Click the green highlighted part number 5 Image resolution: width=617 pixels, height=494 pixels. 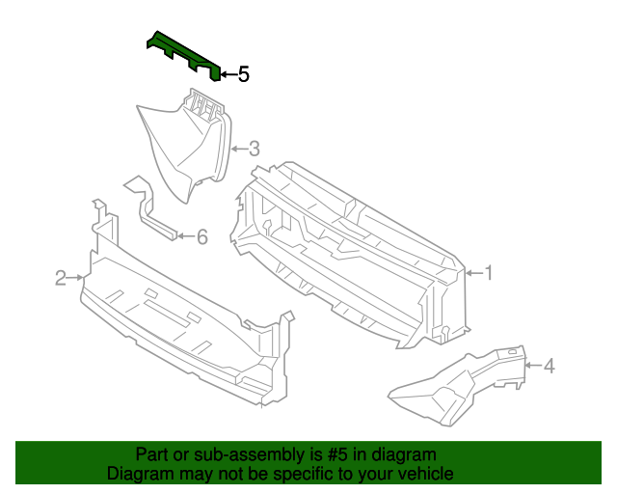183,54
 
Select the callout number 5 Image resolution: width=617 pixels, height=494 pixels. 244,74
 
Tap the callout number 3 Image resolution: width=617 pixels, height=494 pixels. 255,149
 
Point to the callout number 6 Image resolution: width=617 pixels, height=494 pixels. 201,236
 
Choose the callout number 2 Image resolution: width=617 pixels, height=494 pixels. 61,278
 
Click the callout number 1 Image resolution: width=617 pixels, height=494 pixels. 488,273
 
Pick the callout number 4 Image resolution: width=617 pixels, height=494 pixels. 549,366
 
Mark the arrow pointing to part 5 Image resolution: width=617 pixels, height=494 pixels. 227,74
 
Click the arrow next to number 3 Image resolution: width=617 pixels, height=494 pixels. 238,149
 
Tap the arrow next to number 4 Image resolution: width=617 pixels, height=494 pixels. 532,366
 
